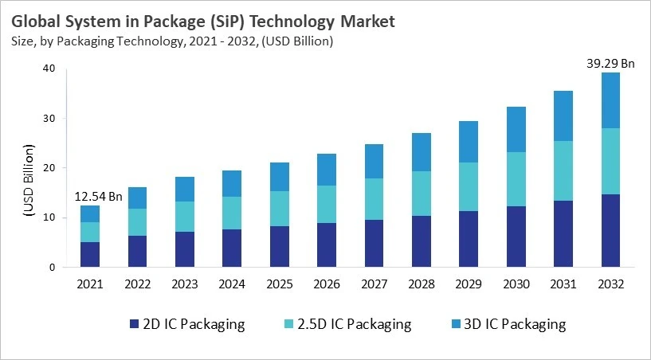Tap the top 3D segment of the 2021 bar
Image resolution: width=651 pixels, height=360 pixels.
point(91,213)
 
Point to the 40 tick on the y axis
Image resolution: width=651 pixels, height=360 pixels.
point(49,68)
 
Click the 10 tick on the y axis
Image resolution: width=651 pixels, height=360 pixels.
point(49,217)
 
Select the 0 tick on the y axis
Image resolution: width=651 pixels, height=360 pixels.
point(52,267)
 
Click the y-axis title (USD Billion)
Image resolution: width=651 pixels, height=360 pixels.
point(28,181)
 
